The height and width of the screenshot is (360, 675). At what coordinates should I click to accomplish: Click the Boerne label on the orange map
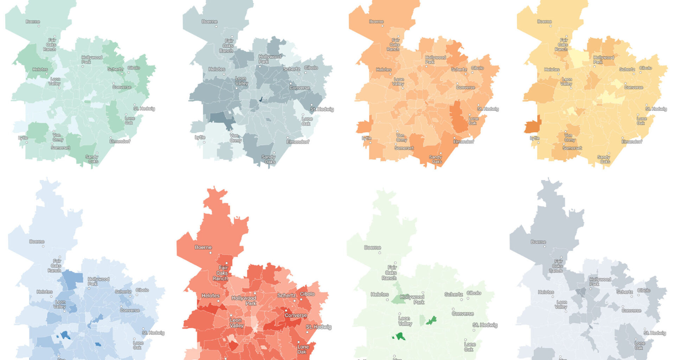click(x=376, y=22)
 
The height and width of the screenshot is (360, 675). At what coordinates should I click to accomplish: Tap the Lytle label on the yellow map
click(x=534, y=138)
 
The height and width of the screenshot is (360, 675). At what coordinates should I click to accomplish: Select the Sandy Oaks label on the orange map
click(x=436, y=159)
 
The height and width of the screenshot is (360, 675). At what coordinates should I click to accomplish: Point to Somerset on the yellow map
click(x=572, y=148)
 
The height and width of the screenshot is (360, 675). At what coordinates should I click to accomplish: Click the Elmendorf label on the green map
click(x=120, y=141)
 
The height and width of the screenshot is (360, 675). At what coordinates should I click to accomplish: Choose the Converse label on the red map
click(x=296, y=315)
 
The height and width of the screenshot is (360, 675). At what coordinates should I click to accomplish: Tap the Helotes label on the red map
click(x=210, y=296)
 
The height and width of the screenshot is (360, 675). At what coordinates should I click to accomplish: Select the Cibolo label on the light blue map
click(x=142, y=290)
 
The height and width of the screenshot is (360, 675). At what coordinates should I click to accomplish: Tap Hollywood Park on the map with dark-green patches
click(x=412, y=299)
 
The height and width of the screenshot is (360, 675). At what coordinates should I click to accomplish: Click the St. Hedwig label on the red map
click(x=319, y=327)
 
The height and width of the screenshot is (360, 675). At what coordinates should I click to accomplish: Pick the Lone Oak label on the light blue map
click(x=138, y=345)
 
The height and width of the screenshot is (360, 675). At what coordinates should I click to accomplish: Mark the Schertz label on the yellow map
click(x=627, y=70)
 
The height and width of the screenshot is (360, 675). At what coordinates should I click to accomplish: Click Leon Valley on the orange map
click(x=398, y=82)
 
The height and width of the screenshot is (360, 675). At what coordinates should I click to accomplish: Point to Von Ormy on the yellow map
click(x=569, y=137)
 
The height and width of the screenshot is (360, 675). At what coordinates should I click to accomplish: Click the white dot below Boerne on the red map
click(x=211, y=253)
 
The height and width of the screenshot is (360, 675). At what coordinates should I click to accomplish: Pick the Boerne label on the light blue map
click(x=37, y=242)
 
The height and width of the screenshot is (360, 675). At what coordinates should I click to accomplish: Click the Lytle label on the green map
click(x=23, y=138)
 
